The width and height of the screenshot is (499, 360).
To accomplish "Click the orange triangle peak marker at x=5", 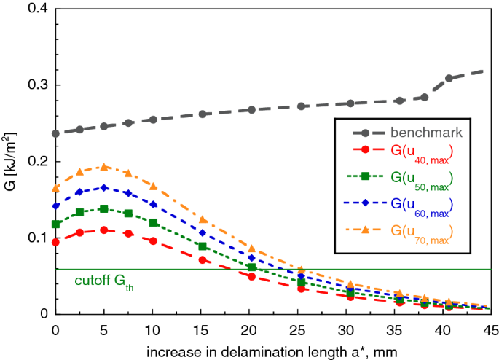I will coord(103,167).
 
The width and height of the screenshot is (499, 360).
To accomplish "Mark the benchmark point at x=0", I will coord(56,133).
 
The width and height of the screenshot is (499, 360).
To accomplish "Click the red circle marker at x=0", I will coord(56,242).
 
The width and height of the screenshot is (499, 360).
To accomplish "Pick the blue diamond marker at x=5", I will coord(103,187).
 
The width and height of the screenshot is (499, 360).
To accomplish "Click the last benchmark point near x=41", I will coord(449,79).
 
